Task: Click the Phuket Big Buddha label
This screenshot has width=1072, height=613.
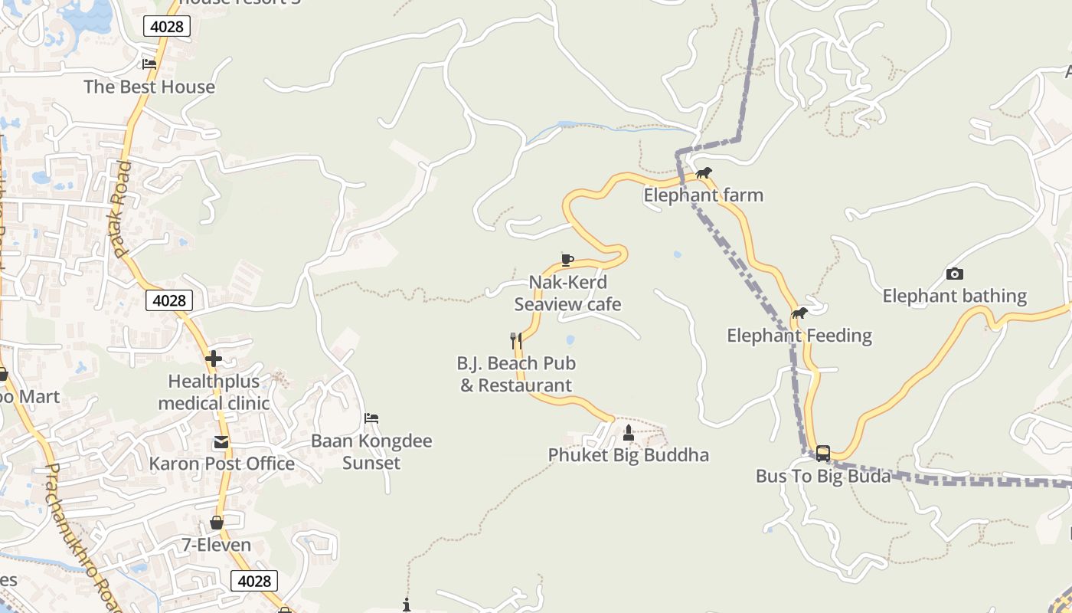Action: coord(628,455)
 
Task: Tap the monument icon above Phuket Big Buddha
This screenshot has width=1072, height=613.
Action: coord(629,433)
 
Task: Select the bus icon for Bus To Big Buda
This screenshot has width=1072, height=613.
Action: coord(822,454)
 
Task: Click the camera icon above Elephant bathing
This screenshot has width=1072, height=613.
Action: coord(954,274)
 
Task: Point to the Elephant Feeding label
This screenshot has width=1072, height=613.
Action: coord(799,336)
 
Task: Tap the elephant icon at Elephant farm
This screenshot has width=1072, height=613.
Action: coord(703,173)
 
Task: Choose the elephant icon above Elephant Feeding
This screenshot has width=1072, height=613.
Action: coord(799,313)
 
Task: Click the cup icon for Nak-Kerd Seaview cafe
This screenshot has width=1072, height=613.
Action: coord(567,260)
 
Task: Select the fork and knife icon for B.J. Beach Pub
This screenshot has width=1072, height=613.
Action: coord(516,340)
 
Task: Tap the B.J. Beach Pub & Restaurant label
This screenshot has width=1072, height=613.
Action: coord(516,374)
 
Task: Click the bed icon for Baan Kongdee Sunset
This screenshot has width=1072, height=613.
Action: coord(371,418)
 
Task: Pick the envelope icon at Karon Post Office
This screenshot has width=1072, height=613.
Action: coord(221,442)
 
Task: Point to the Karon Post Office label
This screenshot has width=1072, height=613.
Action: coord(221,464)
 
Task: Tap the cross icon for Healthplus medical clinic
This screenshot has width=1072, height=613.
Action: coord(214,358)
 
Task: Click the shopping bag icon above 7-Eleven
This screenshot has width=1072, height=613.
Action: coord(217,523)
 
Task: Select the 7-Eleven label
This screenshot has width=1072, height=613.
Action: coord(216,545)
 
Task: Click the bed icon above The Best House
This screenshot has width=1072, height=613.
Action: coord(149,64)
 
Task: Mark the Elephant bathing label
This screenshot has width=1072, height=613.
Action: coord(954,296)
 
